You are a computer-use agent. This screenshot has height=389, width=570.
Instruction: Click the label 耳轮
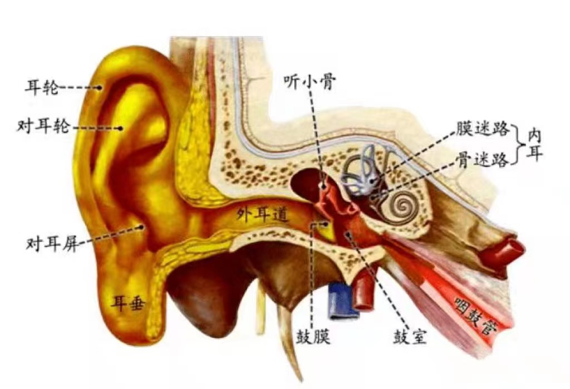(x=42, y=87)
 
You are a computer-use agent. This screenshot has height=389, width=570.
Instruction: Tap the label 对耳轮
(x=43, y=127)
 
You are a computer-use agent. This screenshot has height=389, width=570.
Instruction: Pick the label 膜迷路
(x=483, y=130)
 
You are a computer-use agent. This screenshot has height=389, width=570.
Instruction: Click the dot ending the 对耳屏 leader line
(x=142, y=226)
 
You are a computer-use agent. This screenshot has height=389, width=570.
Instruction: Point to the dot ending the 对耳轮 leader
(x=120, y=128)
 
